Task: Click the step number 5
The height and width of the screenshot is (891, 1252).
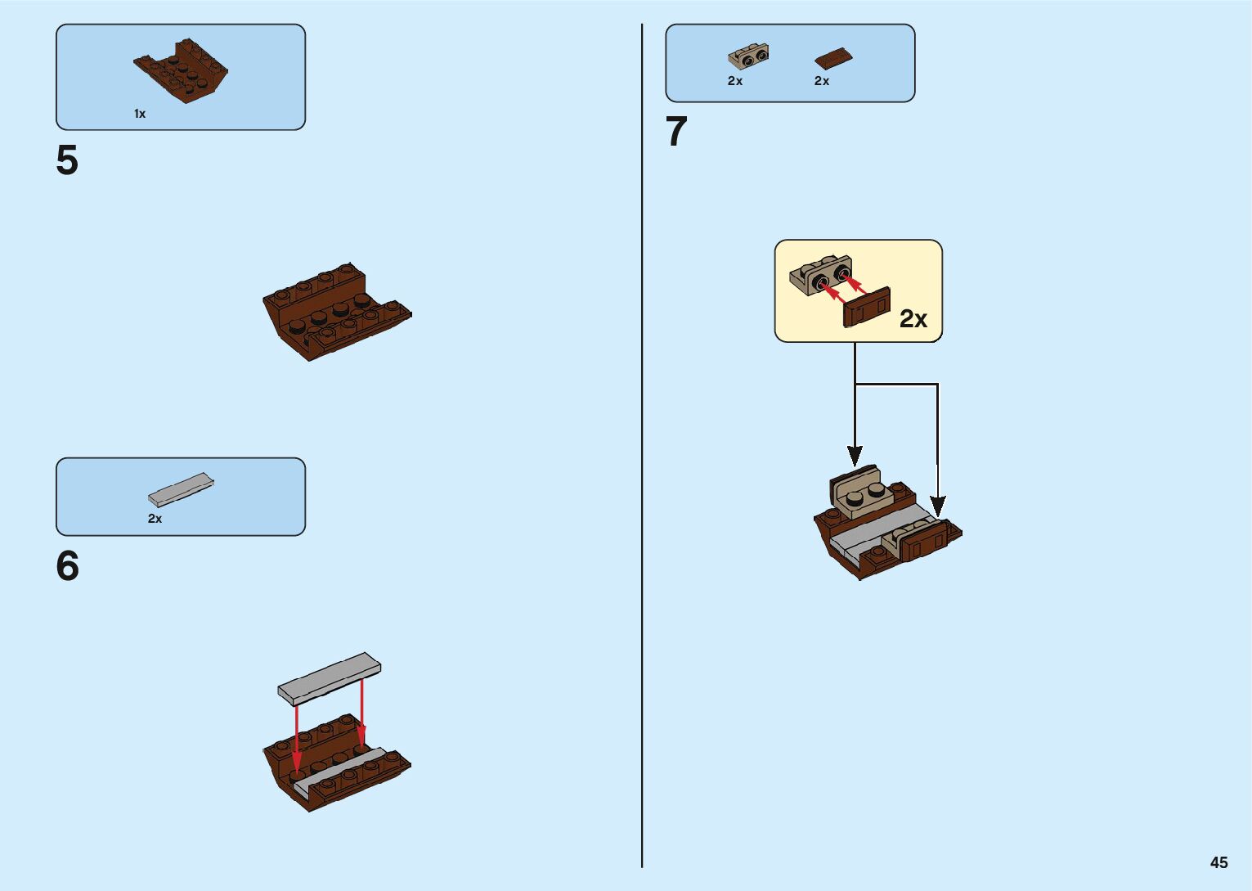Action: [x=67, y=160]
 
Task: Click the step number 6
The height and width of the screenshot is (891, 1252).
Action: [x=67, y=566]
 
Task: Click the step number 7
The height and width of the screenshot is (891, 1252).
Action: [x=676, y=132]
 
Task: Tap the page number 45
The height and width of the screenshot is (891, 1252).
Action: [x=1218, y=862]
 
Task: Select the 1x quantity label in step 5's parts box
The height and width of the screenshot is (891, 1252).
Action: [x=140, y=114]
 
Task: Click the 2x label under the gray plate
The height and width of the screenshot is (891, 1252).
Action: [x=155, y=519]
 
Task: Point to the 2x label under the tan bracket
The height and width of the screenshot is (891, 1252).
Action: [x=735, y=81]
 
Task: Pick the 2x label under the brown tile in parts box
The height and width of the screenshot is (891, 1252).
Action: [x=822, y=81]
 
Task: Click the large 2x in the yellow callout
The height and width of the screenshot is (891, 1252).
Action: [x=913, y=318]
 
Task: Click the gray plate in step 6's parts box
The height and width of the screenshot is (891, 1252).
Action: [x=181, y=489]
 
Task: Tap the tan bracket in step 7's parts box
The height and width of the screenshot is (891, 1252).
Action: [x=748, y=56]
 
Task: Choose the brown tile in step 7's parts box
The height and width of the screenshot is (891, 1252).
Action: [x=833, y=58]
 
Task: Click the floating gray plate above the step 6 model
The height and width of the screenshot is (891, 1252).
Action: [x=329, y=678]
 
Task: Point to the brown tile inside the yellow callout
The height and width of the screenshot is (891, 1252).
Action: [x=867, y=307]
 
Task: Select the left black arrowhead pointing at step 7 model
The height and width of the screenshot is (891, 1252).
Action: [x=855, y=455]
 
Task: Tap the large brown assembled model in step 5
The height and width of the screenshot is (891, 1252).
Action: [x=336, y=311]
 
